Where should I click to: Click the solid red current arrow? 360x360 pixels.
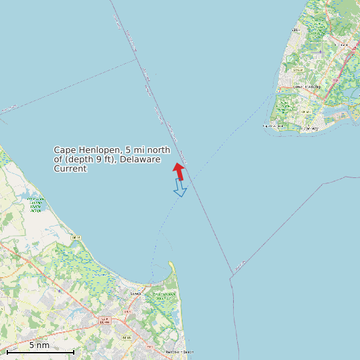click(179, 171)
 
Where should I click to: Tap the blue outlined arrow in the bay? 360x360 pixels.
click(180, 189)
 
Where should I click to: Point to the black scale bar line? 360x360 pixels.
click(40, 351)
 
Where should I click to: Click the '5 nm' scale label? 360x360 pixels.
click(39, 345)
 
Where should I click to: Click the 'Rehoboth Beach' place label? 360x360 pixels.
click(179, 352)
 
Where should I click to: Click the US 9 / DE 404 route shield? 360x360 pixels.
click(104, 320)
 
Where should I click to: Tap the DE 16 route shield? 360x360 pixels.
click(76, 237)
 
